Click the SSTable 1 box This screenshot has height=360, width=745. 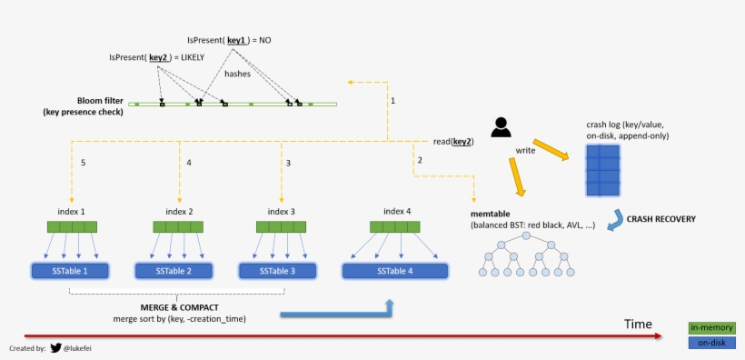[70, 271]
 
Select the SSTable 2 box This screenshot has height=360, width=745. [174, 271]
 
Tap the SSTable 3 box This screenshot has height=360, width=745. [277, 271]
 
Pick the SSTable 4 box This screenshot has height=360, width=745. [391, 271]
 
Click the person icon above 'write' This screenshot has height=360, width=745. [501, 127]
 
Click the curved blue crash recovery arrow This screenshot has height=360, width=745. [618, 218]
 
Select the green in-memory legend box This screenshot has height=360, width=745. [711, 327]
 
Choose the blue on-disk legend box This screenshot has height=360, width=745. [711, 342]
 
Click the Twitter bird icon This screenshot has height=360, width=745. [55, 348]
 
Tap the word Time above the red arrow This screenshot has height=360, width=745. [638, 325]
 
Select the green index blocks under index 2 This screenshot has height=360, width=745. [175, 227]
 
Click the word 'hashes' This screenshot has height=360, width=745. [237, 74]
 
